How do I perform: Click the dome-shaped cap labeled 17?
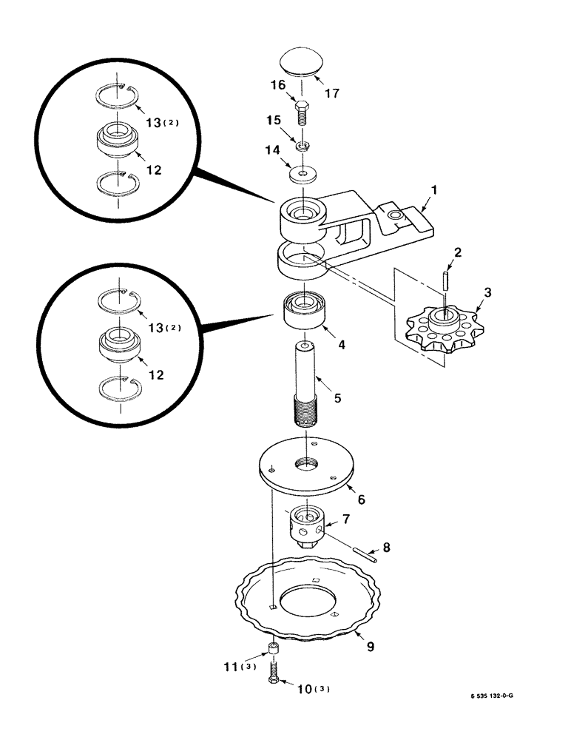(300, 61)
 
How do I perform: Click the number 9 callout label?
(371, 647)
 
